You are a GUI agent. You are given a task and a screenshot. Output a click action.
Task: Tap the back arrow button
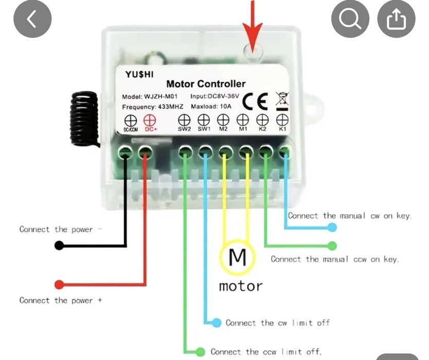[x=32, y=19]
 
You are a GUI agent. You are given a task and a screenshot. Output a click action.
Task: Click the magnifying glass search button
[x=350, y=19]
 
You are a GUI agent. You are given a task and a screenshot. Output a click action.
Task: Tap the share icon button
[x=396, y=19]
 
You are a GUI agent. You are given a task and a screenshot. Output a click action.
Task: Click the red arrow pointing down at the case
[x=252, y=26]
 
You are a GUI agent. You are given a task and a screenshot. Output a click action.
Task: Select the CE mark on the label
[x=255, y=101]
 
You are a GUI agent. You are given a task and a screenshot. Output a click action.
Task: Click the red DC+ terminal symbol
[x=150, y=120]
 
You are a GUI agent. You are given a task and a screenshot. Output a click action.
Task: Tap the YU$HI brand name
[x=139, y=74]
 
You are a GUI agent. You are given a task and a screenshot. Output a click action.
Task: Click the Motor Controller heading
[x=206, y=84]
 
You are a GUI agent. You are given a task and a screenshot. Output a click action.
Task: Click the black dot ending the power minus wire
[x=60, y=246]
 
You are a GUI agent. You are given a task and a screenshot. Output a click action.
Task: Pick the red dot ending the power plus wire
[x=60, y=284]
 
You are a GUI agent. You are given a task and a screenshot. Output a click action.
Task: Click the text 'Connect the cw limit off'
[x=277, y=323]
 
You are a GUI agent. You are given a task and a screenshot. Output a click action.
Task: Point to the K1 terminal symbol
[x=282, y=120]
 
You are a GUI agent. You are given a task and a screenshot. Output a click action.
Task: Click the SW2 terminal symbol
[x=184, y=120]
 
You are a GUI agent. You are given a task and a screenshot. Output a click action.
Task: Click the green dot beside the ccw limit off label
[x=200, y=352]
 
